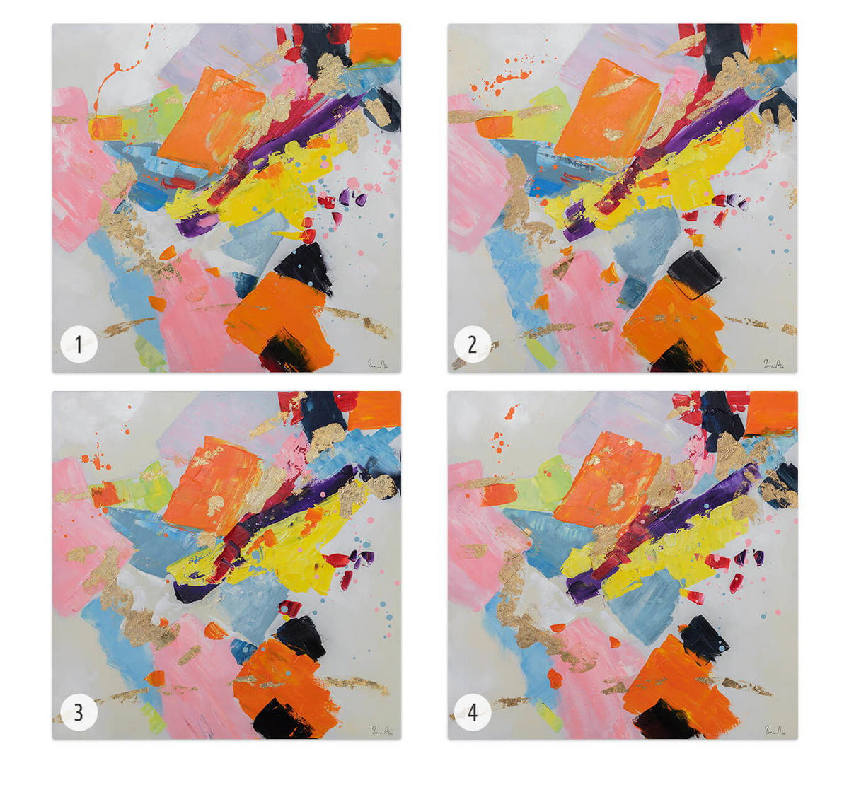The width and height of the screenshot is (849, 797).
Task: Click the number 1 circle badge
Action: [78, 344]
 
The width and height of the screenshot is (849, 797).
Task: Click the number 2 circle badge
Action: [473, 344]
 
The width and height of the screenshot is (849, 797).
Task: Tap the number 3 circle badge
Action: [78, 712]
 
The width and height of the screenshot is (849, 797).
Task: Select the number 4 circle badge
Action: [473, 712]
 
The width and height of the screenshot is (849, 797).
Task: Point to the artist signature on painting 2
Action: [773, 363]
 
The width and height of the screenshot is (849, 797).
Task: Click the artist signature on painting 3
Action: [382, 731]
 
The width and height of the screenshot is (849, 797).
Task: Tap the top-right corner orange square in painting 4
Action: [771, 412]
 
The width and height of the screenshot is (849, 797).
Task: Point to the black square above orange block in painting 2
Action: [695, 272]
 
